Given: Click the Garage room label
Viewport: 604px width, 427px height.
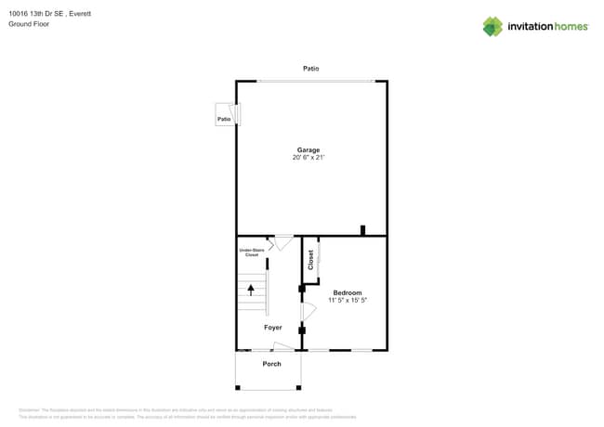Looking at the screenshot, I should click(x=309, y=150).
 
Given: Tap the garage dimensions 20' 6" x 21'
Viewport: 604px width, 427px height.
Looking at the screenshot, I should click(x=309, y=159).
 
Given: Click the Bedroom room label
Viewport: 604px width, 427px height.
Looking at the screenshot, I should click(x=348, y=292).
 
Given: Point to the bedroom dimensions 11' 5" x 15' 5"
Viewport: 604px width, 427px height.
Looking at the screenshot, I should click(x=348, y=301).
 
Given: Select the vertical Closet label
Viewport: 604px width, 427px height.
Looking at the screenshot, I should click(x=311, y=260).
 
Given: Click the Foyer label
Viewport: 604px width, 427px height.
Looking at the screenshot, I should click(x=272, y=328).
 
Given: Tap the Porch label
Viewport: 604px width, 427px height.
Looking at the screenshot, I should click(x=271, y=364).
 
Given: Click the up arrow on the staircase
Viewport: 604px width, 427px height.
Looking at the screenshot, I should click(x=250, y=289).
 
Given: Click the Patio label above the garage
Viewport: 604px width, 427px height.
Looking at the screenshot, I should click(x=311, y=69).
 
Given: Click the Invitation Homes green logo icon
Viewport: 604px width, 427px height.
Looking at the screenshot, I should click(x=492, y=27).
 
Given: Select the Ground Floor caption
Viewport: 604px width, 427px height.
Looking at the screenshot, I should click(x=29, y=24).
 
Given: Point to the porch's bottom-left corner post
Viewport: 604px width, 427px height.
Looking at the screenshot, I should click(x=236, y=388).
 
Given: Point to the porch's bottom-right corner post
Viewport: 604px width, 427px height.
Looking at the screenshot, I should click(x=300, y=388).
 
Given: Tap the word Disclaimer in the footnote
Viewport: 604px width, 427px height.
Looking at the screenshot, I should click(x=30, y=410).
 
